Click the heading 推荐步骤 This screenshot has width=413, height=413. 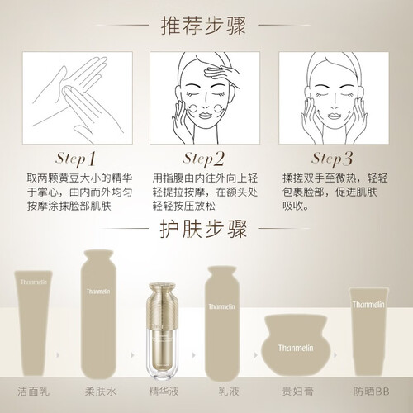(x=203, y=26)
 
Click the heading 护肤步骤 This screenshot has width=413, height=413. (x=203, y=229)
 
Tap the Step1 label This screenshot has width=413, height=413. (x=76, y=159)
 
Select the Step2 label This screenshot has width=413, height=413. (x=204, y=159)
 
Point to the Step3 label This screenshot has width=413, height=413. (x=332, y=159)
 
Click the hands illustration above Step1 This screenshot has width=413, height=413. (x=78, y=97)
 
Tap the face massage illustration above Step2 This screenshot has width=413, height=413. (x=205, y=97)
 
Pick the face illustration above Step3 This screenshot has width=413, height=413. (x=334, y=97)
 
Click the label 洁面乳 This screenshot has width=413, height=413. (x=33, y=392)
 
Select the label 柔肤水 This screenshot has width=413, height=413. (x=101, y=392)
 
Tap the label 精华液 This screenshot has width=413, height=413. (x=164, y=392)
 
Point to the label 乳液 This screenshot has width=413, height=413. (x=229, y=392)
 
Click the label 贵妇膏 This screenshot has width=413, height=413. (x=298, y=392)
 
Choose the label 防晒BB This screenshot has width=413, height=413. (x=372, y=392)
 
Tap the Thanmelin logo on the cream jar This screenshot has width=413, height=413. (x=296, y=348)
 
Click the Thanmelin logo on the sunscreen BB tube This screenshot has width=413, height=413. (x=368, y=305)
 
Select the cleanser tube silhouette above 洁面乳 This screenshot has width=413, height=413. (x=33, y=323)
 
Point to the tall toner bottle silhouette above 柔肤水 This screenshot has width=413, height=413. (x=98, y=315)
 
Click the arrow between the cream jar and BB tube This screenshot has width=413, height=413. (x=335, y=355)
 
